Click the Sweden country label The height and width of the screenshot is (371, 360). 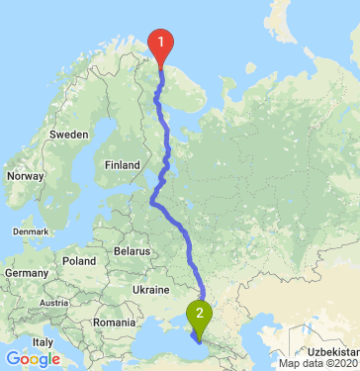[69, 133]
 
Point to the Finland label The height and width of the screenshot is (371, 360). [123, 164]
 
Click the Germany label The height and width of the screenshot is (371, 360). [23, 271]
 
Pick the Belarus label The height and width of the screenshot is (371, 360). [132, 252]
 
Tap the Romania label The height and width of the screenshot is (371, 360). [115, 323]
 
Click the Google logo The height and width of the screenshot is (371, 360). [33, 359]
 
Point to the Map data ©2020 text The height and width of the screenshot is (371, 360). [318, 363]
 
